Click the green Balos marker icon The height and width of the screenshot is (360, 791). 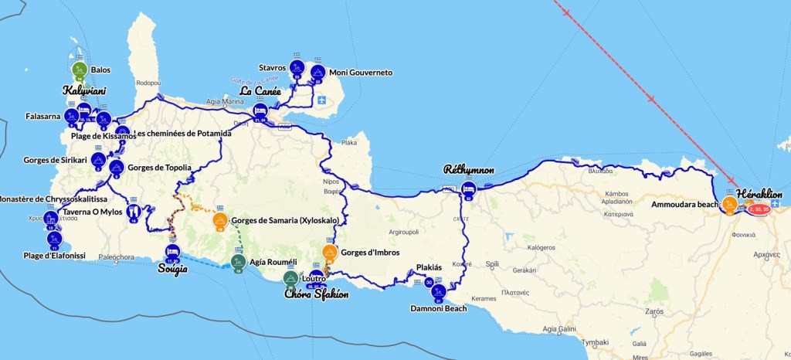pos(79,70)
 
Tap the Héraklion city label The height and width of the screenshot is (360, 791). pos(759,193)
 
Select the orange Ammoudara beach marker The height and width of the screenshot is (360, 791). pos(728,204)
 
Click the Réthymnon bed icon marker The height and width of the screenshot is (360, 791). pos(468,189)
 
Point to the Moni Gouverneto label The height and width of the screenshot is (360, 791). pos(361,73)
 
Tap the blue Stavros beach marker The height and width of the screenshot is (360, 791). pos(297,68)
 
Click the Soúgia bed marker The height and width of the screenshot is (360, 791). pos(172,252)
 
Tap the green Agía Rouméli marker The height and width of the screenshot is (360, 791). pos(238,261)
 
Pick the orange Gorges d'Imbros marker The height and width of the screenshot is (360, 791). pos(330,252)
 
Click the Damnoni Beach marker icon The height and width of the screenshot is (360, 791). pos(438,291)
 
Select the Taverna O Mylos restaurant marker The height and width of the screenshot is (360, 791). pos(134,212)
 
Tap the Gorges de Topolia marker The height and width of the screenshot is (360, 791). pos(116,167)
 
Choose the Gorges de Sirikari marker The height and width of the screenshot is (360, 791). pos(98,160)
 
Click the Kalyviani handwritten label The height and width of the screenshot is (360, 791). pos(84,90)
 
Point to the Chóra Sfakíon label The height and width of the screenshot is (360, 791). pos(316,294)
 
